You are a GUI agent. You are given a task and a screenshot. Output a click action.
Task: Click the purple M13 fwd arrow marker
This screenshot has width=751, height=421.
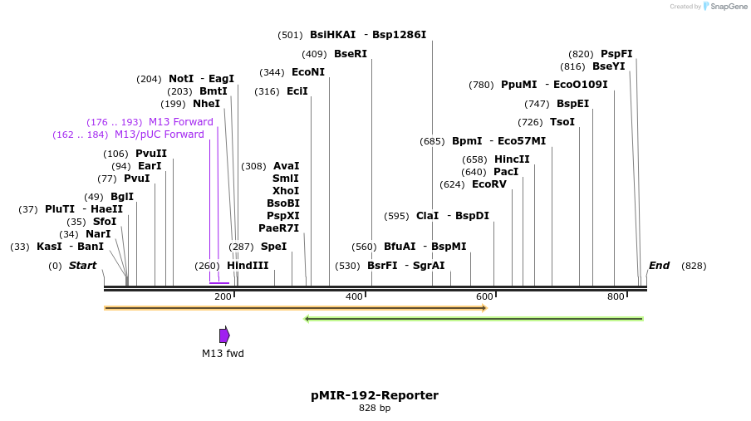click(x=224, y=335)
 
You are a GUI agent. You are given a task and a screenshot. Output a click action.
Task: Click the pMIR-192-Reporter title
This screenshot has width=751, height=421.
click(x=375, y=395)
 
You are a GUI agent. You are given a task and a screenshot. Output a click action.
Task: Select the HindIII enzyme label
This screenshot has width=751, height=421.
click(x=248, y=266)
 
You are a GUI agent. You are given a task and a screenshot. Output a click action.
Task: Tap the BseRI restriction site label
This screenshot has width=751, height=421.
click(x=350, y=54)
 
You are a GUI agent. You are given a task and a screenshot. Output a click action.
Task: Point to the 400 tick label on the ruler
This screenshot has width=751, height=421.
click(x=354, y=297)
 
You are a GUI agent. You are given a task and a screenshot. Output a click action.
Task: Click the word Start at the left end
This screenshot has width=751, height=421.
click(x=82, y=266)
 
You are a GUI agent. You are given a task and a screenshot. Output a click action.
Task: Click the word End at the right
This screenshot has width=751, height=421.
click(x=659, y=266)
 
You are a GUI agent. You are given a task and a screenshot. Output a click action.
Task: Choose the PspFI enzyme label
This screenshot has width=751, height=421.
click(x=616, y=54)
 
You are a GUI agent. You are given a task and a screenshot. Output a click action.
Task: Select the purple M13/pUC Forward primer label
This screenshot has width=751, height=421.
click(x=159, y=135)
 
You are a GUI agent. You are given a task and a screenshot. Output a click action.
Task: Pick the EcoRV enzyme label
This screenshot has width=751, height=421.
click(x=488, y=184)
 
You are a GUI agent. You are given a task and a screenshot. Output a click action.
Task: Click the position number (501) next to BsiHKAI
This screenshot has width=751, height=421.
click(x=290, y=35)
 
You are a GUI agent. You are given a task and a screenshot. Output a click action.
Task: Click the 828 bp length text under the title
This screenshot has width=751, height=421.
click(x=375, y=409)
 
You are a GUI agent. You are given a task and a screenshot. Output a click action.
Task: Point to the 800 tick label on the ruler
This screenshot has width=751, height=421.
click(x=616, y=297)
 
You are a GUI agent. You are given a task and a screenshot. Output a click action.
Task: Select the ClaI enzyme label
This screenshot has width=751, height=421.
click(x=427, y=216)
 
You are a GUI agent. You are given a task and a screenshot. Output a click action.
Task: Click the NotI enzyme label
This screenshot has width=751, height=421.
click(x=181, y=79)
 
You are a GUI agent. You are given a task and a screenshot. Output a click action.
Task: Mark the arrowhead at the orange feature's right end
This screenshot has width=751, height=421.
click(x=483, y=308)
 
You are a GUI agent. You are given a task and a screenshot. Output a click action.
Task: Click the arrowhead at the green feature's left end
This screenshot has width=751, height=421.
click(x=307, y=319)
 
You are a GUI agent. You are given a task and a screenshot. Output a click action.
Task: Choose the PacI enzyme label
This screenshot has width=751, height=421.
click(x=506, y=172)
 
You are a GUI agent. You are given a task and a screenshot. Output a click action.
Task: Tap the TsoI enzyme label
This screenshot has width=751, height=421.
click(x=562, y=122)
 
